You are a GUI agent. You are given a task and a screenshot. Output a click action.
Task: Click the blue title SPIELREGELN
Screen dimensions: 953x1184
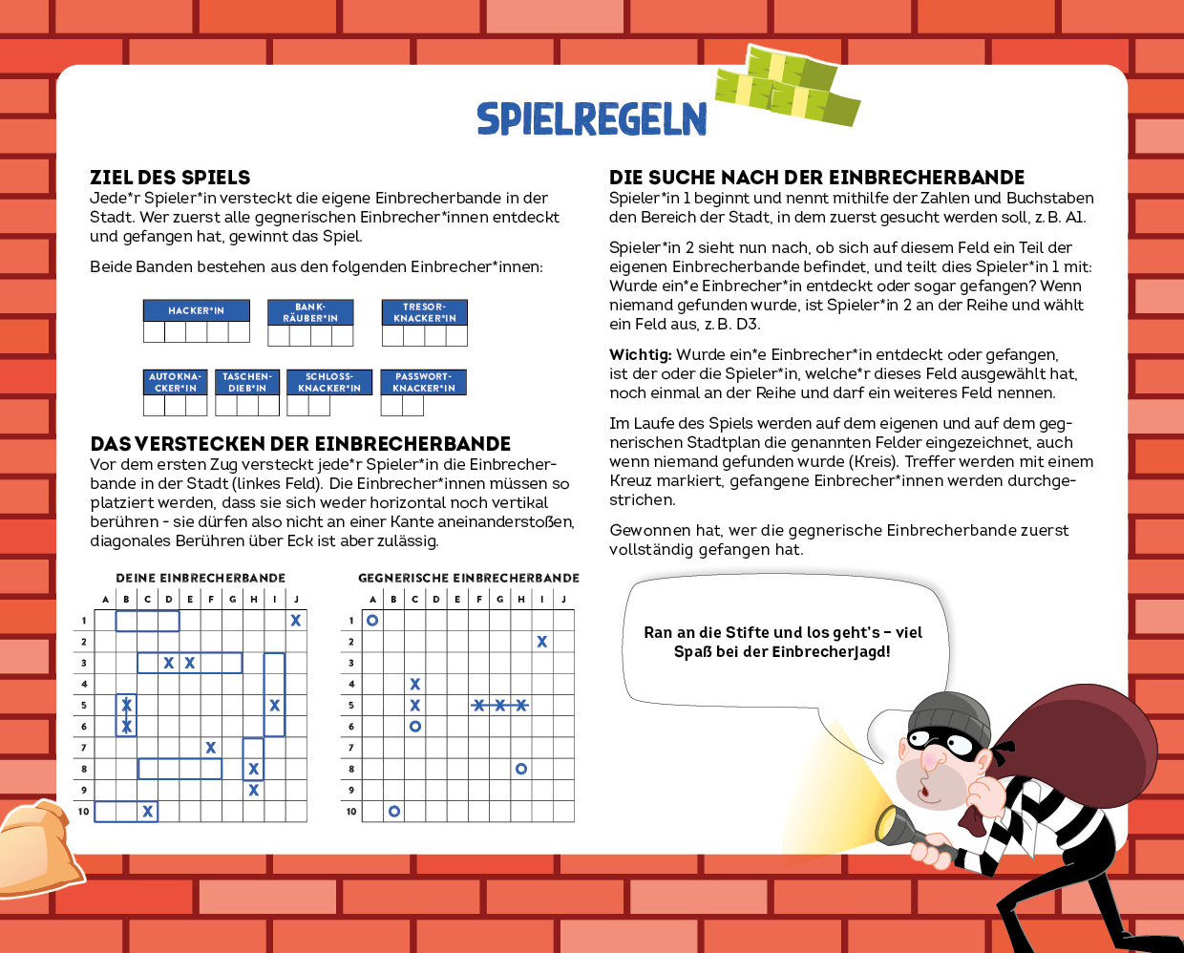(591, 118)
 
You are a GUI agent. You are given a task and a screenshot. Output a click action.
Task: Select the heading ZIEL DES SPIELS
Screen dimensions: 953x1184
(170, 178)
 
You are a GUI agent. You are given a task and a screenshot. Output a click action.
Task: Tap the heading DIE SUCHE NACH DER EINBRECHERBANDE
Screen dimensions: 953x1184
(816, 178)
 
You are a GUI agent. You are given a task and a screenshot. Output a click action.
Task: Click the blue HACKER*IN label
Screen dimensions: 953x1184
(196, 310)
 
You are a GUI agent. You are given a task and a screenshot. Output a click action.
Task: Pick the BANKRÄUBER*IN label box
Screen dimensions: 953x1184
(310, 312)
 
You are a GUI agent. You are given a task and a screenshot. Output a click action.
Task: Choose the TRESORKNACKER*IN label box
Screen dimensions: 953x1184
(424, 312)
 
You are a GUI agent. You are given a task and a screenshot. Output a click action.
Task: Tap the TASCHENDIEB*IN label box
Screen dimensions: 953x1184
(246, 382)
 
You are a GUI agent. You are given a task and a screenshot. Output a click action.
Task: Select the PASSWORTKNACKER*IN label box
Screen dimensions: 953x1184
(423, 382)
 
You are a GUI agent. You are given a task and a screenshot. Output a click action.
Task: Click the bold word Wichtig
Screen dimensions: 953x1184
(640, 354)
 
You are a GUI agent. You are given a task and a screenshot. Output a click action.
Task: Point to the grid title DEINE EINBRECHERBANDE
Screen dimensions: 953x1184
(201, 578)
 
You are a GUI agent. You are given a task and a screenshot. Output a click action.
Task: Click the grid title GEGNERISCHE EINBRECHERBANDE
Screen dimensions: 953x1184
(468, 578)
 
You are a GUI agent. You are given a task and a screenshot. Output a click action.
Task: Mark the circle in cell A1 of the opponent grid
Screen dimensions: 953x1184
(372, 621)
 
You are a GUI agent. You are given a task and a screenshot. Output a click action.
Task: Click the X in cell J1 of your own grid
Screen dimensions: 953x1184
(296, 621)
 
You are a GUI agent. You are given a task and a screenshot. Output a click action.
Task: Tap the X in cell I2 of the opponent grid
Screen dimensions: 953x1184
(541, 642)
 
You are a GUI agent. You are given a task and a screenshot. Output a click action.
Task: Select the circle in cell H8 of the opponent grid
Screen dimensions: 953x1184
(520, 769)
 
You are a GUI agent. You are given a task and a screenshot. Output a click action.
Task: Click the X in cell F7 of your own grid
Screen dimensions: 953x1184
(211, 748)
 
